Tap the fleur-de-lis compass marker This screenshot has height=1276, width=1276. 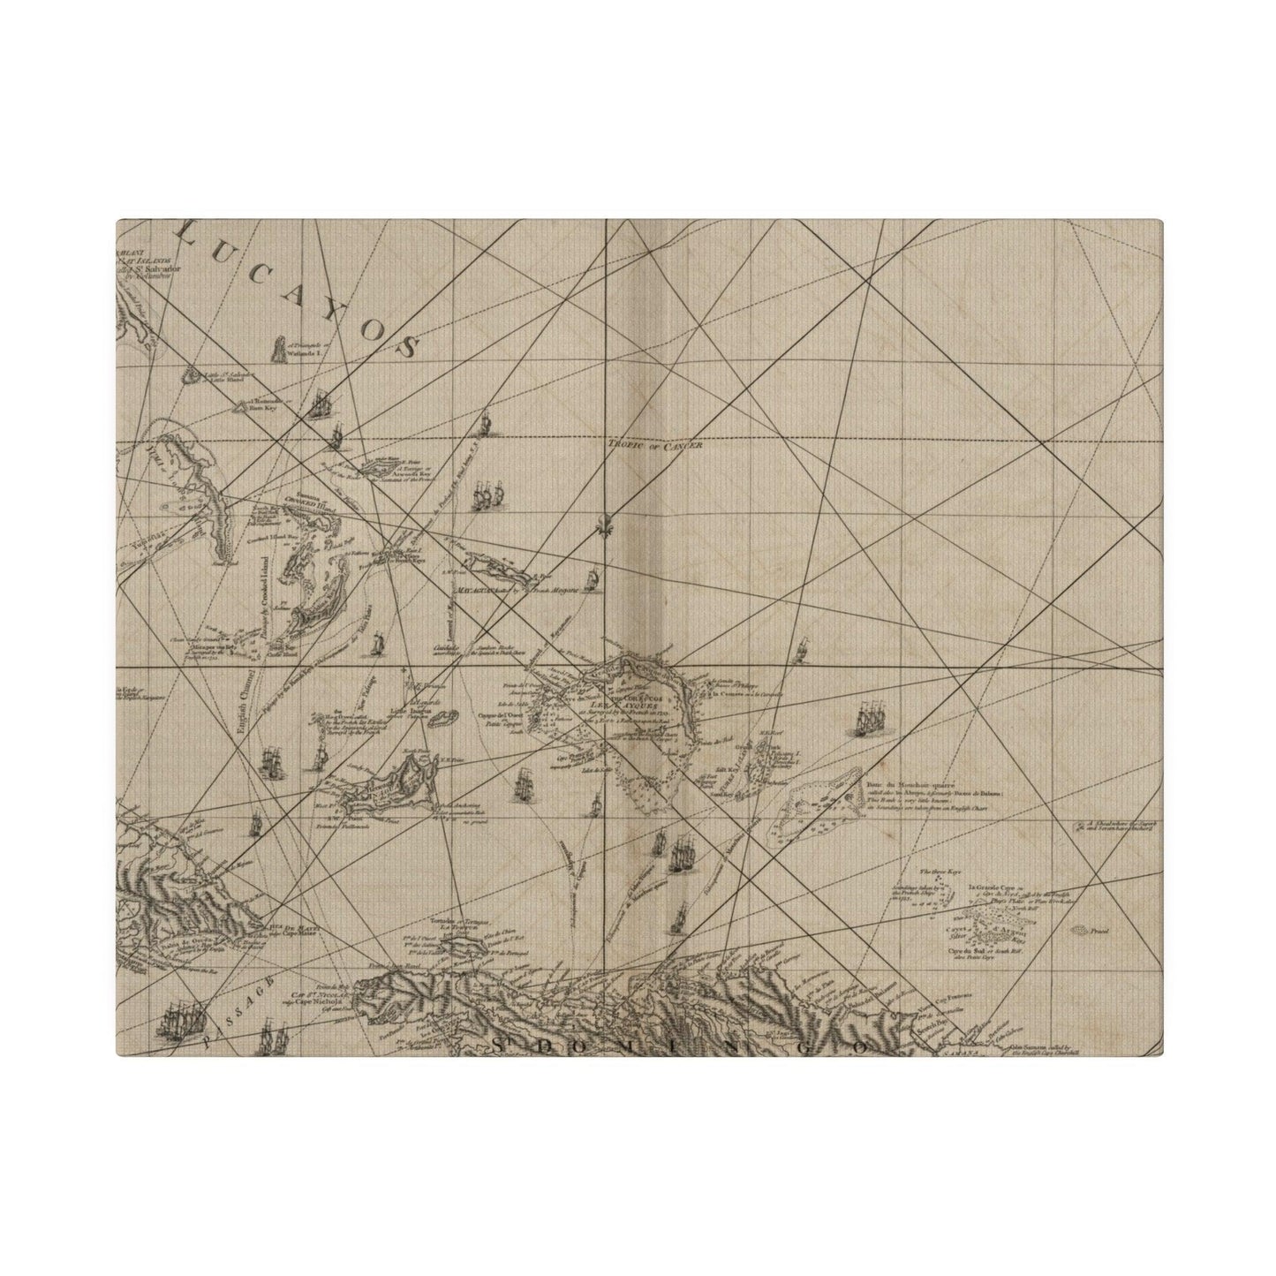(x=602, y=522)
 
